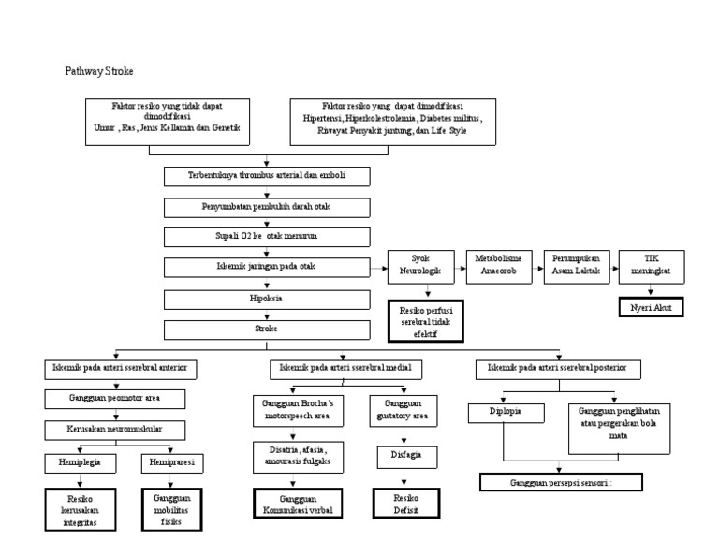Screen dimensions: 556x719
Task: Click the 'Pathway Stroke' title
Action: tap(104, 71)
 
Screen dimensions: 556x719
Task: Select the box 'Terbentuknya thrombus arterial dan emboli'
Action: tap(267, 175)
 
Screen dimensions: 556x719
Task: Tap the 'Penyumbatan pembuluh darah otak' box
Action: tap(267, 205)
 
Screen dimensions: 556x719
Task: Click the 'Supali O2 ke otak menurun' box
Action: tap(267, 236)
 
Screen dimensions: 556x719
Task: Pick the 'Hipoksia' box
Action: tap(267, 298)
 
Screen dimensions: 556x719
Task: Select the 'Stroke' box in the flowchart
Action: tap(267, 329)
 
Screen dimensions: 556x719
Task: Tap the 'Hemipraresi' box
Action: tap(171, 461)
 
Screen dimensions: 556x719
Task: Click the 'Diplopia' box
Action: tap(505, 411)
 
